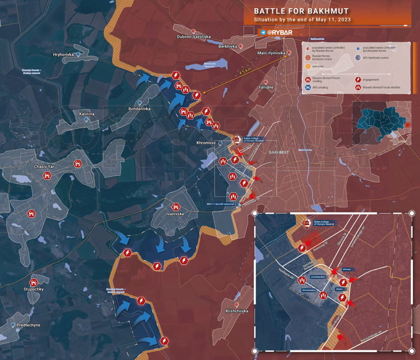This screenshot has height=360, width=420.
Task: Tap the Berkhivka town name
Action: [227, 46]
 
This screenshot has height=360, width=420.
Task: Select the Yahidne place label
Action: [266, 87]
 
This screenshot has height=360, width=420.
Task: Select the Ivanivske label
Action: [178, 214]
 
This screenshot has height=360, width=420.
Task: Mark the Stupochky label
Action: [34, 289]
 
